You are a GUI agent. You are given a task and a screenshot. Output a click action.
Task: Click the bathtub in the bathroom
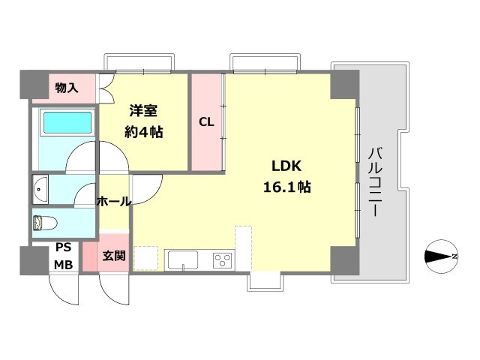67,123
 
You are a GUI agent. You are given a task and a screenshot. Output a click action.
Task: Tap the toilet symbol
45,223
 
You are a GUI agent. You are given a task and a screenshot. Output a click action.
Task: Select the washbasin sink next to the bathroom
40,189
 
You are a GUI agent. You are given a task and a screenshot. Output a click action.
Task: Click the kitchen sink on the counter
183,260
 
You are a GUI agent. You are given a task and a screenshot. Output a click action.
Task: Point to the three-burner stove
222,260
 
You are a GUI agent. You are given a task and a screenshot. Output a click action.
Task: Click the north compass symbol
441,256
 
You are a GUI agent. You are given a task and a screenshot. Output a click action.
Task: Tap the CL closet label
206,122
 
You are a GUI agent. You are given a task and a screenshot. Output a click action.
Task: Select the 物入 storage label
67,88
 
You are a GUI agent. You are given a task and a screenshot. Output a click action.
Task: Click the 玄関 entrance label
114,256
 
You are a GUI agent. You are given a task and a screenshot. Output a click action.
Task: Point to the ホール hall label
114,202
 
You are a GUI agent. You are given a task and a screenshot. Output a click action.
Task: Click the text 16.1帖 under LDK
286,187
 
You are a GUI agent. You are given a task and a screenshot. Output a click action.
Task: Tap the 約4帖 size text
143,132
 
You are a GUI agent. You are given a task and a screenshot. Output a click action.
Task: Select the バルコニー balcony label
375,181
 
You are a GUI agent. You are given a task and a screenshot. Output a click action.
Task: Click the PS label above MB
63,247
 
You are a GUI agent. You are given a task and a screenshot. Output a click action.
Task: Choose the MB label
63,265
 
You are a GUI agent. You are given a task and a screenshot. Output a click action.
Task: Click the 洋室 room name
143,110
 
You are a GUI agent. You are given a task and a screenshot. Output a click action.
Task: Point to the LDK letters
286,166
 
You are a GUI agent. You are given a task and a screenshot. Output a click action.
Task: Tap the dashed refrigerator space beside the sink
146,258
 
